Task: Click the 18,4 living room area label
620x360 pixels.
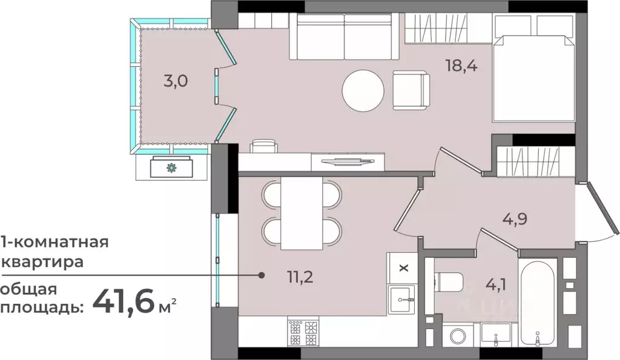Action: click(461, 65)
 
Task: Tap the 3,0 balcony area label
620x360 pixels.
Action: click(176, 81)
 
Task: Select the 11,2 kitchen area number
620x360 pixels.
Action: click(300, 277)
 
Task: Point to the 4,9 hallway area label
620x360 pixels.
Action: click(515, 218)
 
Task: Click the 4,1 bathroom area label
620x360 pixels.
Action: click(496, 284)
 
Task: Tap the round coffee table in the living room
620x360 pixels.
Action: click(363, 91)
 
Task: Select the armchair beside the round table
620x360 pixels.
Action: click(411, 91)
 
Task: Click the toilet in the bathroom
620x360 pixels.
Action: click(449, 283)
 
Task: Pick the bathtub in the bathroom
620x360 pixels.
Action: click(538, 303)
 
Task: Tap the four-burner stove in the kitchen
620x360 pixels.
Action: click(303, 332)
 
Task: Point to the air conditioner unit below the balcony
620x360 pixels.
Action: click(171, 167)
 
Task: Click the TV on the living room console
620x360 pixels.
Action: click(348, 161)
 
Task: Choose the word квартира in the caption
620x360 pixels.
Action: click(43, 262)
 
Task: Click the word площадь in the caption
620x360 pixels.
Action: click(42, 307)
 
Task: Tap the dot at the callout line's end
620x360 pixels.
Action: click(262, 275)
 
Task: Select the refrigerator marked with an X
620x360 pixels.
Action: click(403, 268)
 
